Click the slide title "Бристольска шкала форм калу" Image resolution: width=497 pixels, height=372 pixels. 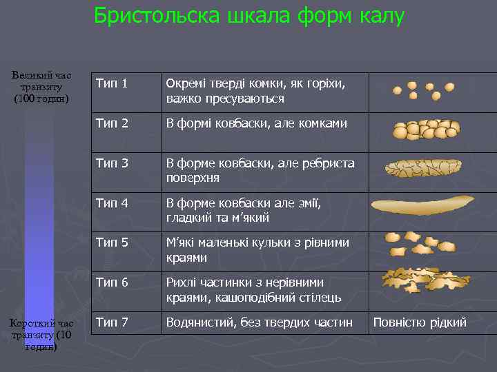[248, 16]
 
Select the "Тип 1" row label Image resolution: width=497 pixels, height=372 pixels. [112, 84]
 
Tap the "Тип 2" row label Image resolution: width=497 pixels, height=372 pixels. [112, 123]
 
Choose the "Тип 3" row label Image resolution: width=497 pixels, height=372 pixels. [112, 163]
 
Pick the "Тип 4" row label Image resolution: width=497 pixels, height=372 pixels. [112, 203]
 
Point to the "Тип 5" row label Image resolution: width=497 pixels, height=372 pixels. [112, 242]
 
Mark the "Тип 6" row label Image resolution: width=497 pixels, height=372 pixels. [112, 282]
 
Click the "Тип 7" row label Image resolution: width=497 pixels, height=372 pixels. [112, 322]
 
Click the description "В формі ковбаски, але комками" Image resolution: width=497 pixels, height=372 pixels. [256, 123]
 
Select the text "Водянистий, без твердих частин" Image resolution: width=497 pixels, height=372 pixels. [260, 322]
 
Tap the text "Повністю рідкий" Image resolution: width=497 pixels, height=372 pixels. [420, 322]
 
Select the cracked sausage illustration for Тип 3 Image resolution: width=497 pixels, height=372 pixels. [422, 167]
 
